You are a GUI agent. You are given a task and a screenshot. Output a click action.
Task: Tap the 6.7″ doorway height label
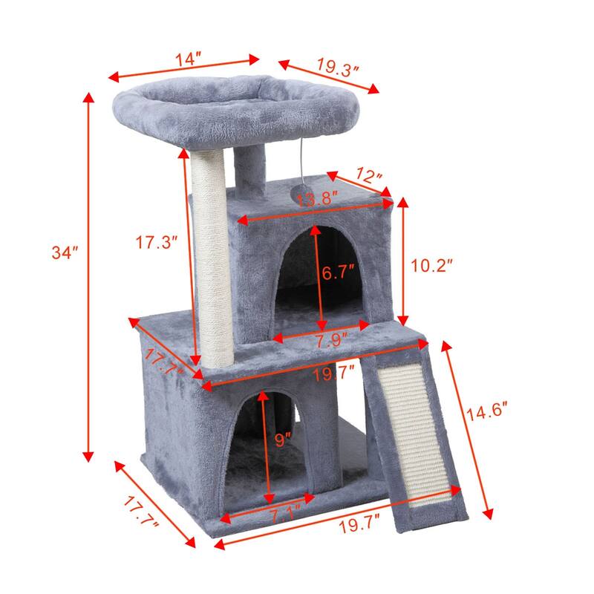click(x=340, y=272)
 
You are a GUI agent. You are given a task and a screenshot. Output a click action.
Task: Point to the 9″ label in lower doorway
click(x=281, y=440)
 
